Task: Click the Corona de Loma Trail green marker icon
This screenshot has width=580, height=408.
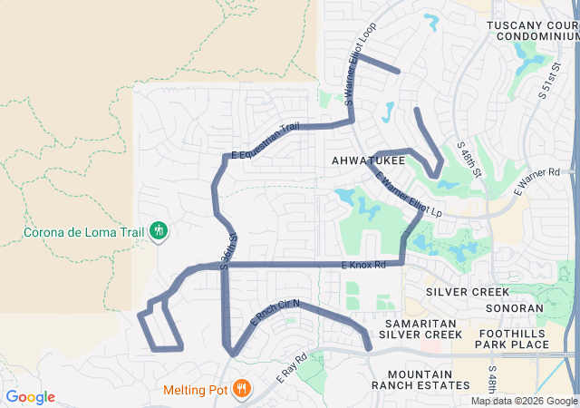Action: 159,230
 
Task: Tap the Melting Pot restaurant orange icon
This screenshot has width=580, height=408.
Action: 240,391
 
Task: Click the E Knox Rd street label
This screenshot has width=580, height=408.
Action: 363,265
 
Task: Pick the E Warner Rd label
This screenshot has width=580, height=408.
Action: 537,180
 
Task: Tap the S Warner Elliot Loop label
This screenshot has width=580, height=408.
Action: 361,75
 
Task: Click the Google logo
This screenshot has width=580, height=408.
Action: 30,397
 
